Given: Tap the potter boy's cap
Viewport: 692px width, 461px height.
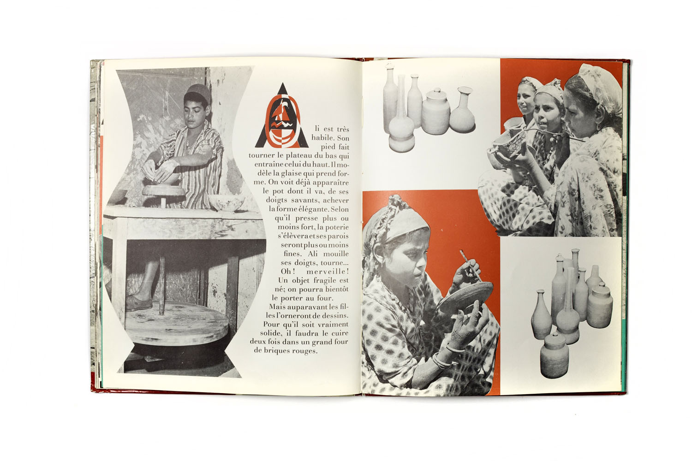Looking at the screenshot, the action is pyautogui.click(x=199, y=92).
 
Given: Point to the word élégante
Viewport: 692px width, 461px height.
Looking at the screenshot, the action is pyautogui.click(x=314, y=209).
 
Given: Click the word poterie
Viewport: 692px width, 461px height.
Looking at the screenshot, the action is pyautogui.click(x=336, y=227).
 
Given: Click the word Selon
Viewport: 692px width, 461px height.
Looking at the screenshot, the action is pyautogui.click(x=340, y=209).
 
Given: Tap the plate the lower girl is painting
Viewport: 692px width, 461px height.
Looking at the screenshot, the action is pyautogui.click(x=466, y=297).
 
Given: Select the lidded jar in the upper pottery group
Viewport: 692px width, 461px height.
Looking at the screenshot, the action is pyautogui.click(x=435, y=112).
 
